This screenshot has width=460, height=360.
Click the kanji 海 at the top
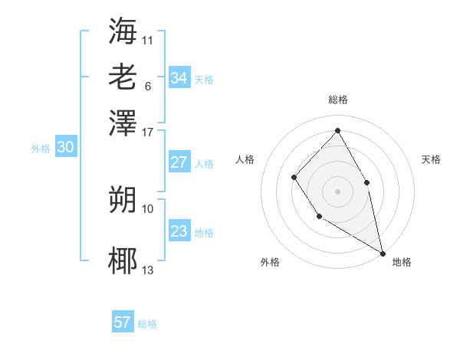[123, 31]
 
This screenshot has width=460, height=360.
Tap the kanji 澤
[123, 122]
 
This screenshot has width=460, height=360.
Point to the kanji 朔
[123, 200]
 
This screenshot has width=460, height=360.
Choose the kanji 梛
[123, 261]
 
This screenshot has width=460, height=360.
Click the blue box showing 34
[179, 78]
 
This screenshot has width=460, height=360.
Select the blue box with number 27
[179, 162]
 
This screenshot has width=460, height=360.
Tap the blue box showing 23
[179, 231]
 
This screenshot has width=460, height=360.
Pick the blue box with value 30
[65, 148]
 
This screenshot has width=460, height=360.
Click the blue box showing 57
[123, 322]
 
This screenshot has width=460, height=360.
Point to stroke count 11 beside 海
[147, 40]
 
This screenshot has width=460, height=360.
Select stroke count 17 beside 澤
[148, 131]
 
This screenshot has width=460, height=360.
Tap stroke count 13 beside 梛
[148, 270]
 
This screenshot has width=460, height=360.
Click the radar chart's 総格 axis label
[337, 100]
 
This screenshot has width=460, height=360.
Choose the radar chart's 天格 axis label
[431, 159]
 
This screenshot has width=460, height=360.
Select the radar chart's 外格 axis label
[270, 262]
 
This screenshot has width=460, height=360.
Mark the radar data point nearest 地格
[383, 252]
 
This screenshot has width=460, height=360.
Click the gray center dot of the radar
[337, 190]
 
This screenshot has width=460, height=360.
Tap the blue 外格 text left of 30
[41, 149]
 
